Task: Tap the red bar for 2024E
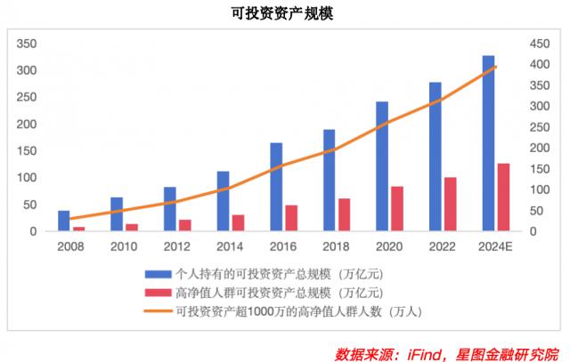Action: [x=503, y=197]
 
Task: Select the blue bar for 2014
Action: [x=223, y=201]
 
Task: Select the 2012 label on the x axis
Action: [x=176, y=246]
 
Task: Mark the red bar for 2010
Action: [x=132, y=227]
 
